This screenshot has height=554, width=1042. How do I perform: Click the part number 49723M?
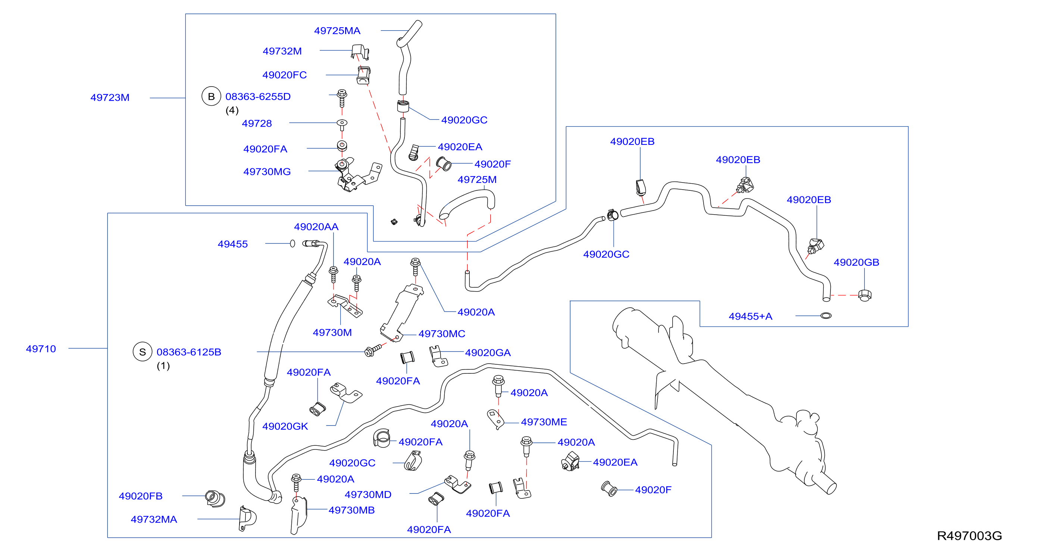[x=110, y=97]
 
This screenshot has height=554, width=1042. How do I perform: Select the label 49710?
[x=41, y=349]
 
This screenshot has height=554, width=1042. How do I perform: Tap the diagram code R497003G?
[x=969, y=536]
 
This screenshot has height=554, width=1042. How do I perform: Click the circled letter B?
[x=211, y=96]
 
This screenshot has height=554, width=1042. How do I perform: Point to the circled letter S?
[x=143, y=352]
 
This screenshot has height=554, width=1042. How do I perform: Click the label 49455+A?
[x=750, y=316]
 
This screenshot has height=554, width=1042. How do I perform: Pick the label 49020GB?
[x=856, y=262]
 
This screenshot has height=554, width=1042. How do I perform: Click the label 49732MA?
[x=154, y=519]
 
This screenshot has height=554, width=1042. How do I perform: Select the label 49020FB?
[x=140, y=496]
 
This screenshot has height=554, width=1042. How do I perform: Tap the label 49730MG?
[x=267, y=172]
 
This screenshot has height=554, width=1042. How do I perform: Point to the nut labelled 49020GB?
[x=865, y=295]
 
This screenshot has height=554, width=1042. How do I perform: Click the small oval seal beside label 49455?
[x=292, y=243]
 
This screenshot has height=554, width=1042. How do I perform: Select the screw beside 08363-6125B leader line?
[x=373, y=351]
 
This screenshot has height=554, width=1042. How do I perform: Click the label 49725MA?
[x=337, y=31]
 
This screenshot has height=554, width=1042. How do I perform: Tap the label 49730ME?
[x=544, y=422]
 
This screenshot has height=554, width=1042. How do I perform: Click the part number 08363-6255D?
[x=258, y=97]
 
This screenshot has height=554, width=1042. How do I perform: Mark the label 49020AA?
[x=316, y=227]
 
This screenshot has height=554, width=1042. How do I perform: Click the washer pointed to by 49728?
[x=342, y=122]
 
